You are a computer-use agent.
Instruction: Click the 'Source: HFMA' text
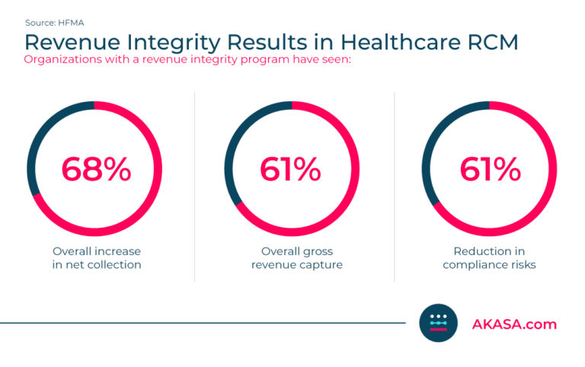(55, 24)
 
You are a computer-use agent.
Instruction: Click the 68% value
(96, 169)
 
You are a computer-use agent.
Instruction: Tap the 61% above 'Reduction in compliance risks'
(489, 169)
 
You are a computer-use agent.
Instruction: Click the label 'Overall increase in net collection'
(96, 257)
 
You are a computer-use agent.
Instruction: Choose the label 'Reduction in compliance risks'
(489, 257)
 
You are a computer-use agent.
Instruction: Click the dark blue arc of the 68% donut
(43, 132)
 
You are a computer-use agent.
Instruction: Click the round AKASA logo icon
(438, 324)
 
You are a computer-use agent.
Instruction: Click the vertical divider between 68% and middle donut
(195, 187)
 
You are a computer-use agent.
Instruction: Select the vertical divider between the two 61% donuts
(394, 187)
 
